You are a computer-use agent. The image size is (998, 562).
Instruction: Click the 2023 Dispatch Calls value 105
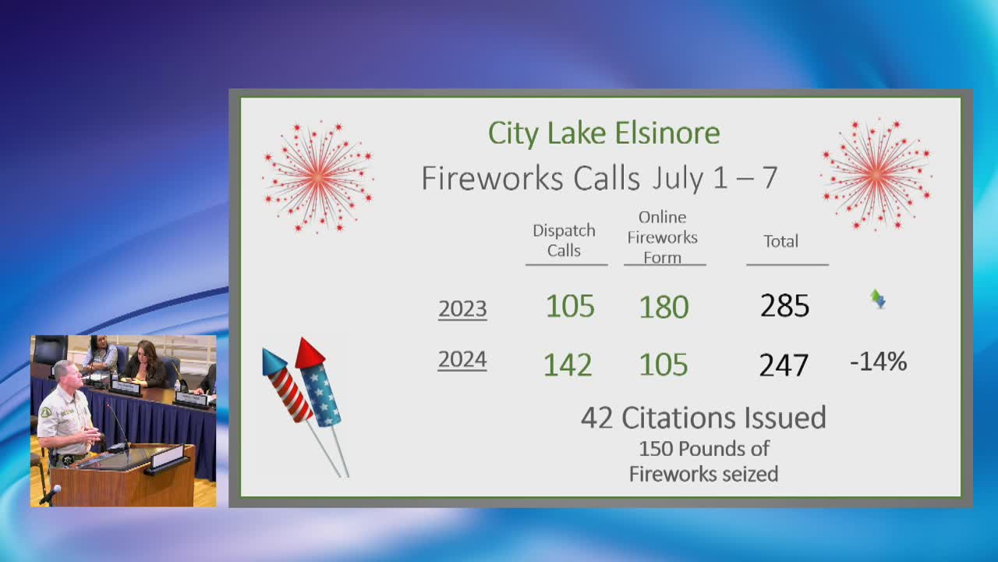click(x=570, y=306)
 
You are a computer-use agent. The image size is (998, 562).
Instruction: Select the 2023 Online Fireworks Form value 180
click(x=664, y=307)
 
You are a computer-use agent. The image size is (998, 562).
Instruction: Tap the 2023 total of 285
click(x=784, y=306)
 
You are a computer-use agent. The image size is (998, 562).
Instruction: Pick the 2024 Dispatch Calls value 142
click(x=568, y=365)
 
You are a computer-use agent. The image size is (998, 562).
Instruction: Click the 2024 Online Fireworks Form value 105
click(x=664, y=365)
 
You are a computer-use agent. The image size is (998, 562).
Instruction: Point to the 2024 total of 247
click(x=784, y=365)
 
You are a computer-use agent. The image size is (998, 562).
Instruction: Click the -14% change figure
click(x=878, y=361)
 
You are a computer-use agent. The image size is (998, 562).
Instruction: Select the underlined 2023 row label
click(x=462, y=308)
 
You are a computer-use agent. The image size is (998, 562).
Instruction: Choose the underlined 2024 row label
click(x=462, y=360)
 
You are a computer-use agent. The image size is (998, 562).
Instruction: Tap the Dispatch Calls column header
click(x=564, y=240)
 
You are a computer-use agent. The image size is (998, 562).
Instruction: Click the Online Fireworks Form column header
click(x=663, y=237)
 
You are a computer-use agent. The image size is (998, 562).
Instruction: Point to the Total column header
click(x=781, y=241)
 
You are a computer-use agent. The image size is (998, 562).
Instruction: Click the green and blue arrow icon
click(x=878, y=299)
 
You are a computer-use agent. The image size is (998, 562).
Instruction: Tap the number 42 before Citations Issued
click(x=596, y=418)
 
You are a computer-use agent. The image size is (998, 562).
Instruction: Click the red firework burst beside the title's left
click(x=318, y=176)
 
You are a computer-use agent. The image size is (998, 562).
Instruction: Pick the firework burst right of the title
click(x=876, y=174)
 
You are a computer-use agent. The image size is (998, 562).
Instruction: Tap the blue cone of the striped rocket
click(x=273, y=361)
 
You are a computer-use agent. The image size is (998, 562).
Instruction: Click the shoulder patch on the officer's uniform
click(x=45, y=412)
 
